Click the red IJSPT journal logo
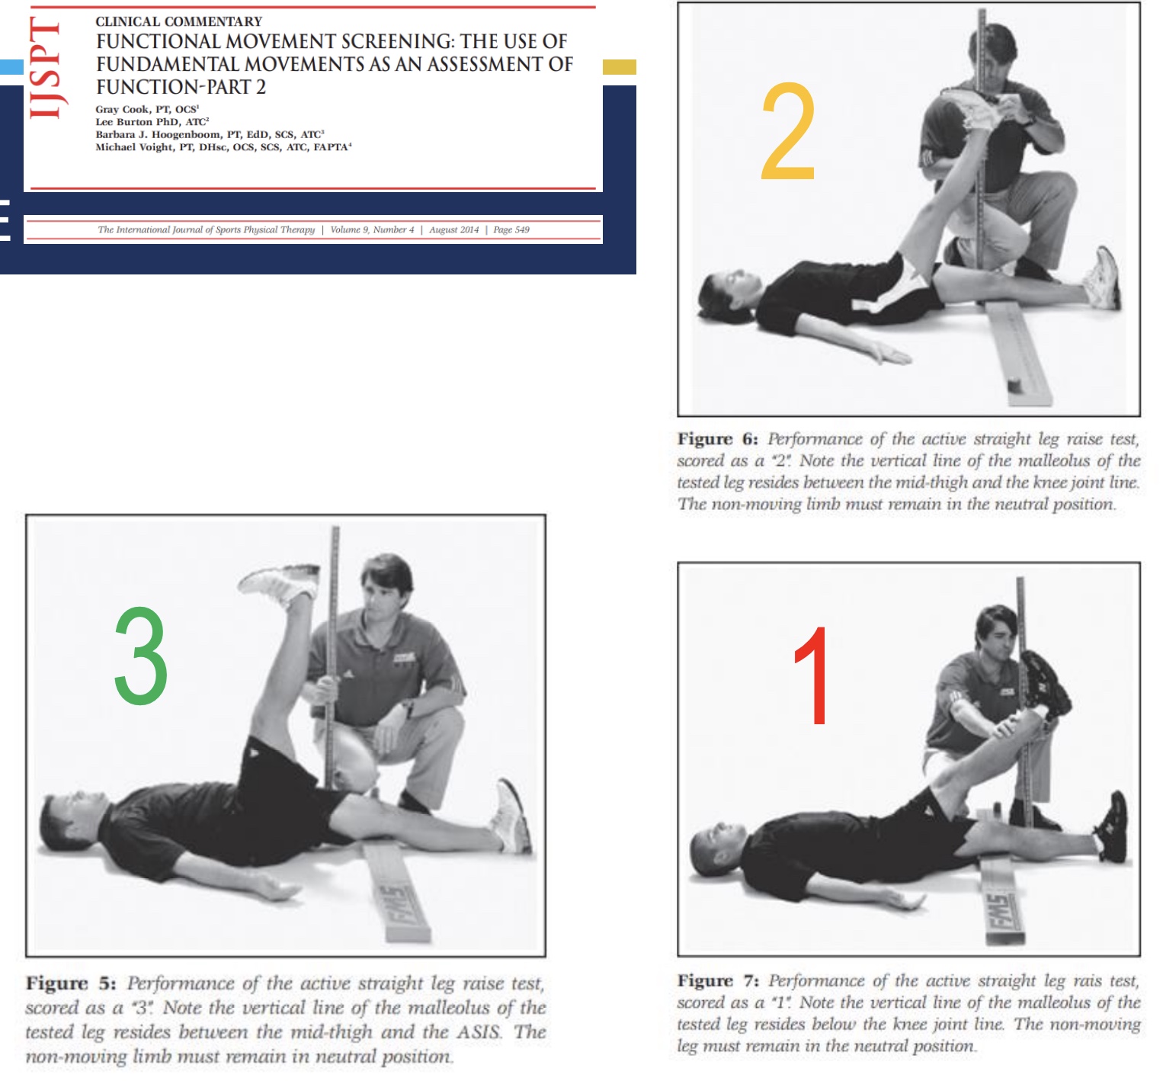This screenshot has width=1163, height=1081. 45,69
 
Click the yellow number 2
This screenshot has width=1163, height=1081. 788,132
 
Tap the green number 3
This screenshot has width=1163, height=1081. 141,656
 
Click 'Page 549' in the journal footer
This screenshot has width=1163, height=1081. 511,229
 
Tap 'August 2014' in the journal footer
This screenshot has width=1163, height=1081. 453,229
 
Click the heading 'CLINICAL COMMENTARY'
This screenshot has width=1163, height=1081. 178,21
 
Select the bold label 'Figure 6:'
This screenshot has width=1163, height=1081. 717,439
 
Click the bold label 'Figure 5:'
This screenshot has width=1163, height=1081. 71,983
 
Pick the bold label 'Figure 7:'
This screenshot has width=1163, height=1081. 717,980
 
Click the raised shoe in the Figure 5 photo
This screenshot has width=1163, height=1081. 279,583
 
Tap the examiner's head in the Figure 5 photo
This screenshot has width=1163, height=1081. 387,583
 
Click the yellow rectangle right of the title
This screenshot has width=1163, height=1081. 619,67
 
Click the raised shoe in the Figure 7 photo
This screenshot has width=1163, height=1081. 1045,682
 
